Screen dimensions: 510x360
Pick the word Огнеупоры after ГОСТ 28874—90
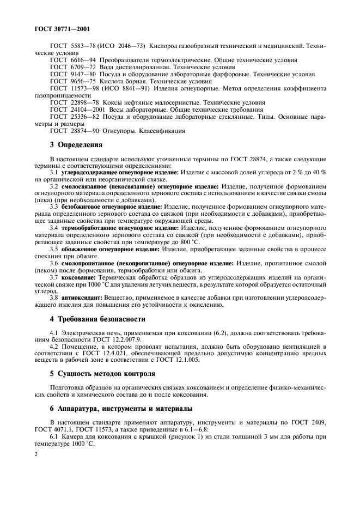pos(119,130)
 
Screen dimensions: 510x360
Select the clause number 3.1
pos(53,172)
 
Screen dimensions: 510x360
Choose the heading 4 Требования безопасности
pos(97,319)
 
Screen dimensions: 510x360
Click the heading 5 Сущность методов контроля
pos(102,374)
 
